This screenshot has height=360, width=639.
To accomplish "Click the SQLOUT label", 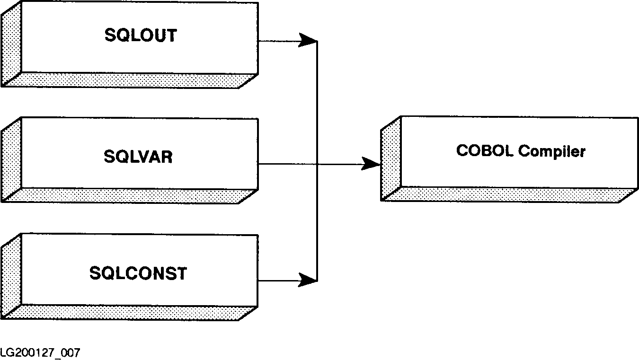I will coord(140,35).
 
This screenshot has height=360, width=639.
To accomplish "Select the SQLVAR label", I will coord(138,157).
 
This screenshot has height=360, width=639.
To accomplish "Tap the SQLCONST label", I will coord(138,273).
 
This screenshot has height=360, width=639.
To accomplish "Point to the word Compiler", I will coord(552,151).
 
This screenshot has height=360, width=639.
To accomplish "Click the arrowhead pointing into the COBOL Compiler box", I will coord(372,164).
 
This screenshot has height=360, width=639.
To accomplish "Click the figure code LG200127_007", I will coord(40,353).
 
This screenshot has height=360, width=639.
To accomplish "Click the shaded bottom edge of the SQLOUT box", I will coord(128,80).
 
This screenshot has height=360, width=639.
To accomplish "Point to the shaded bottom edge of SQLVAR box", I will coord(128,196).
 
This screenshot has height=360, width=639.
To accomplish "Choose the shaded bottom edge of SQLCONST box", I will coord(128,313).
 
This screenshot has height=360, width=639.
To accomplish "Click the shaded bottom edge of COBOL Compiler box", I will coord(506,194).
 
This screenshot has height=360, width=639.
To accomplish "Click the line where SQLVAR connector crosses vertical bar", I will coord(317,164).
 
